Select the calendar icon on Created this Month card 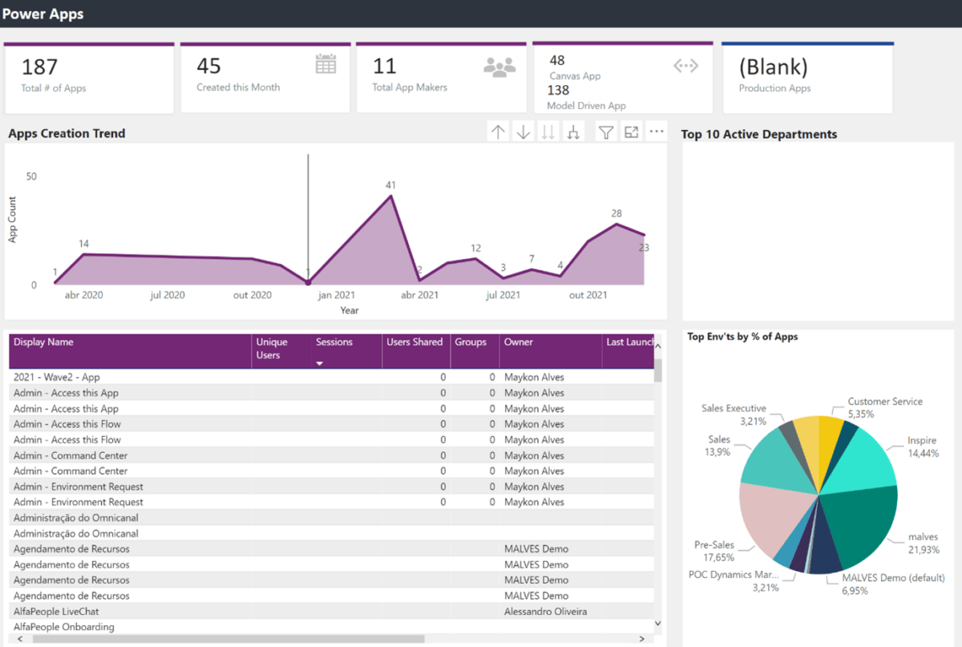(x=325, y=65)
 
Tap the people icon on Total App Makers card (x=499, y=67)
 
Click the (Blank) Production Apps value (x=773, y=67)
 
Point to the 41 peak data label (x=390, y=185)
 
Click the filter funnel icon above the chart (x=606, y=132)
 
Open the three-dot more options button (x=657, y=132)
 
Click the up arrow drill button (x=499, y=132)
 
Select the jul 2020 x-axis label (x=167, y=295)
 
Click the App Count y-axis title (x=13, y=220)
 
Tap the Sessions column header (x=334, y=342)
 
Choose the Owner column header (x=518, y=342)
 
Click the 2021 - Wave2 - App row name (x=57, y=377)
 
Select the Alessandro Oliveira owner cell (x=545, y=612)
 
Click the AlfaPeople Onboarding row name (x=64, y=627)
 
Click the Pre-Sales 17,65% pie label (x=714, y=552)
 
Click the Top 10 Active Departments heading (x=758, y=135)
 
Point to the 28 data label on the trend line (x=616, y=213)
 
